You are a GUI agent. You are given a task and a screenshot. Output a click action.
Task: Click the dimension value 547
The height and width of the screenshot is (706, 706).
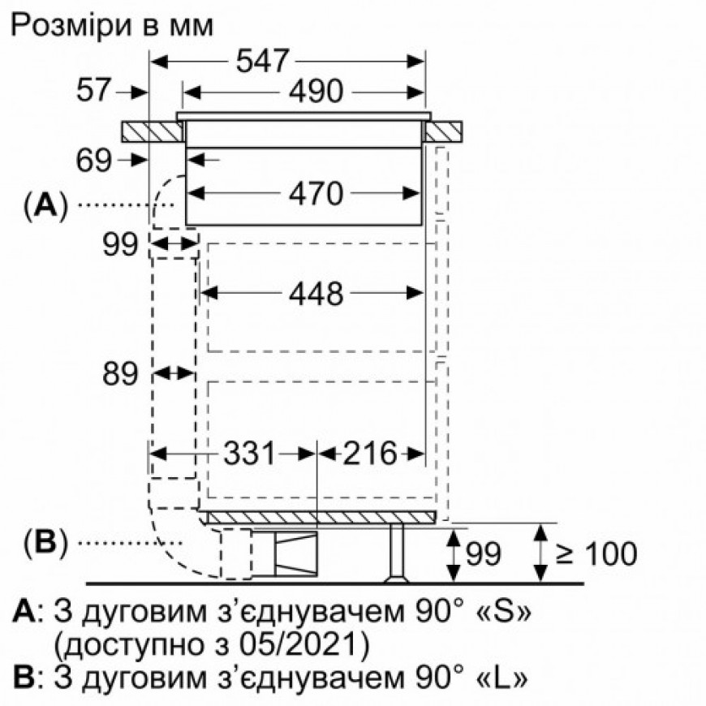click(262, 61)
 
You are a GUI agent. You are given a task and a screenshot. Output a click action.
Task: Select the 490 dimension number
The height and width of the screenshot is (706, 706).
click(316, 92)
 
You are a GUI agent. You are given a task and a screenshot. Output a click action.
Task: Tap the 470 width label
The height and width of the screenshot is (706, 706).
click(316, 194)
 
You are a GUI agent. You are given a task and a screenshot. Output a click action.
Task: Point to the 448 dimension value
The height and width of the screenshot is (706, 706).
click(316, 295)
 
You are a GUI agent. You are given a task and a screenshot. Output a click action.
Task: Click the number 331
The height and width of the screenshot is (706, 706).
click(249, 453)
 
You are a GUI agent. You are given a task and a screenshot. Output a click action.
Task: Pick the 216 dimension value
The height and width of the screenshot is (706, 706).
click(370, 453)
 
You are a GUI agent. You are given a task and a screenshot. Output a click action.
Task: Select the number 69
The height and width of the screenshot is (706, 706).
click(93, 161)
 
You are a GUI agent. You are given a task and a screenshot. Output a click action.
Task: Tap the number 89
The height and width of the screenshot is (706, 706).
click(119, 374)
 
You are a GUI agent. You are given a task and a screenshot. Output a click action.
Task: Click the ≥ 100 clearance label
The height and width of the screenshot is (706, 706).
click(596, 553)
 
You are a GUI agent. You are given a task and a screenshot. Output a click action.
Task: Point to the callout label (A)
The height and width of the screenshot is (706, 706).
click(45, 206)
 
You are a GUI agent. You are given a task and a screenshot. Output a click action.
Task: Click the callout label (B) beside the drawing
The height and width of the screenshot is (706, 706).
click(45, 543)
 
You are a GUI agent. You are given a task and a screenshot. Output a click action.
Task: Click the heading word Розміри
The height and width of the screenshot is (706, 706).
click(71, 27)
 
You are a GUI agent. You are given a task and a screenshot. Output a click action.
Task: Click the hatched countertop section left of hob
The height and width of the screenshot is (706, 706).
click(153, 131)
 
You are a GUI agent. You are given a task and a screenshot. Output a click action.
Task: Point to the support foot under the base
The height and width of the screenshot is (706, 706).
click(397, 553)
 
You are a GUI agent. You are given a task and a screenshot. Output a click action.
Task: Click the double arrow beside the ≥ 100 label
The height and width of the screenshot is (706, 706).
click(540, 553)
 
